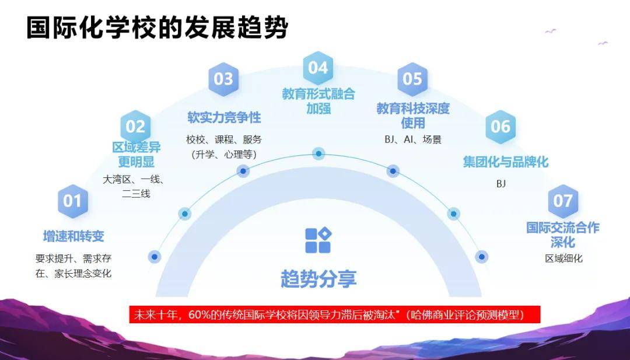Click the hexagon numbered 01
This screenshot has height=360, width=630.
[73, 201]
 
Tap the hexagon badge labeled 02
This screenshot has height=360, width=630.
[135, 127]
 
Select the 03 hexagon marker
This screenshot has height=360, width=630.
[223, 79]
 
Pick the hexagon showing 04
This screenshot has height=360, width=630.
[318, 68]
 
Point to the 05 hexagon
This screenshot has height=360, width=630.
[412, 79]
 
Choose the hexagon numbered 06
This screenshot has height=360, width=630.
[501, 127]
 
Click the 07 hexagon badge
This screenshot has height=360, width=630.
[563, 201]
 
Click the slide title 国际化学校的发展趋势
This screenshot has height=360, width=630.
[157, 28]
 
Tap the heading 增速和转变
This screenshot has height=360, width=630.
[73, 236]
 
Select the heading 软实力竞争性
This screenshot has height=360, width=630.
[224, 117]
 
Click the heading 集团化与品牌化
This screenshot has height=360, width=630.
[505, 162]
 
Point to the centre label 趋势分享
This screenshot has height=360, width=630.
[318, 279]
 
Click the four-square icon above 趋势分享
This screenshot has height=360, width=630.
[318, 240]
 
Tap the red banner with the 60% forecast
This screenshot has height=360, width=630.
[335, 314]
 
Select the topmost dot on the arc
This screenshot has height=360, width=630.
[318, 153]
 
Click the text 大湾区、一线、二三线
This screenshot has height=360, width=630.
[135, 187]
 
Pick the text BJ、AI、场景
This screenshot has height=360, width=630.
[412, 139]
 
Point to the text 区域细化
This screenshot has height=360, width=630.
[563, 258]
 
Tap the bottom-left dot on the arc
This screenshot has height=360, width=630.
[154, 257]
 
